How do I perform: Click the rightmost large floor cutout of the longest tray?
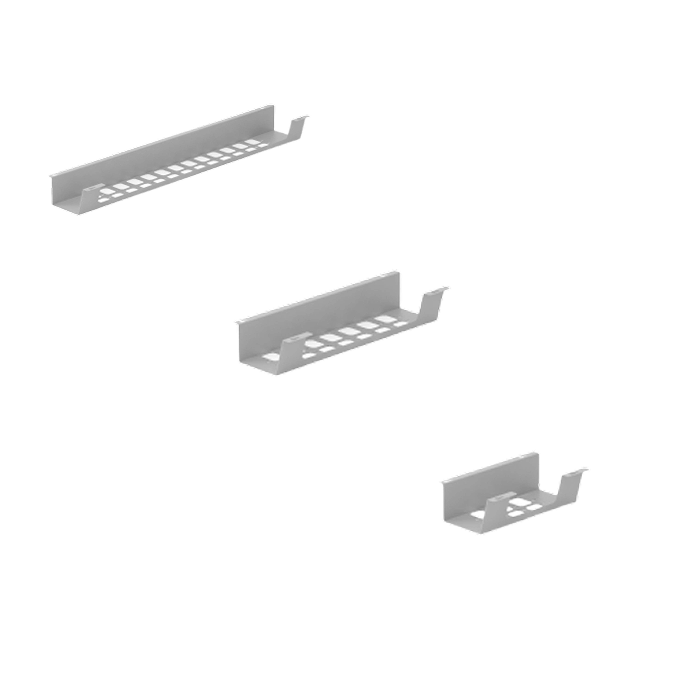click(252, 142)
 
